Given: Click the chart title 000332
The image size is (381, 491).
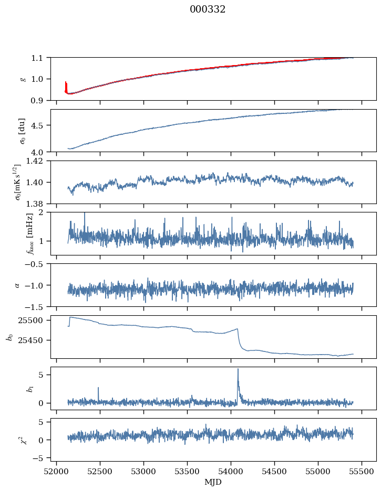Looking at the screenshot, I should pyautogui.click(x=208, y=9).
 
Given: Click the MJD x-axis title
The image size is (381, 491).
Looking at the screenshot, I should pyautogui.click(x=213, y=482).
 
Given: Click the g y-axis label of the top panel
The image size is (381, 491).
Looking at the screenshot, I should pyautogui.click(x=23, y=79).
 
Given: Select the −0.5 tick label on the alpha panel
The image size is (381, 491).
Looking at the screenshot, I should pyautogui.click(x=37, y=264).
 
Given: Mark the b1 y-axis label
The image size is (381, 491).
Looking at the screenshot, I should pyautogui.click(x=15, y=388).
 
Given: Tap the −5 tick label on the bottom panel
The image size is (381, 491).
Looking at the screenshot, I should pyautogui.click(x=40, y=458).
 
